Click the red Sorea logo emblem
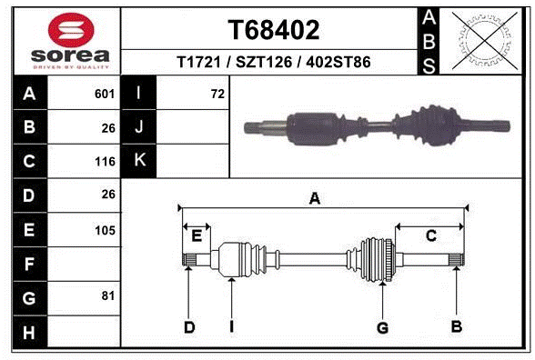71,30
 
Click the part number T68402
274,30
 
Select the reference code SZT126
264,62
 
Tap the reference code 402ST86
338,62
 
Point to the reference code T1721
199,62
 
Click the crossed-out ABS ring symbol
484,40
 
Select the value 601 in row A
105,94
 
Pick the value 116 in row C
106,162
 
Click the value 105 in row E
106,231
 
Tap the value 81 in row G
108,296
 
